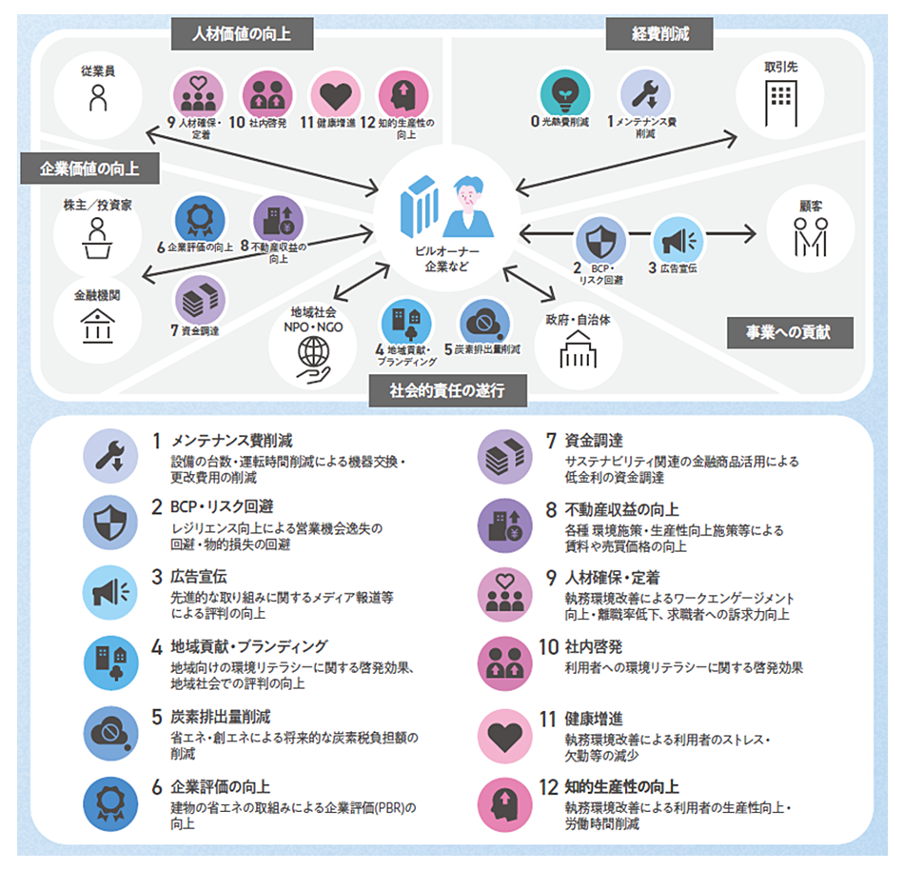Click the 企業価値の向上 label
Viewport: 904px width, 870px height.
coord(89,169)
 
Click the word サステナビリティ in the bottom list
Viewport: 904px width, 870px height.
coord(610,461)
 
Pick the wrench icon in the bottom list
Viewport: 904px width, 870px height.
coord(110,454)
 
